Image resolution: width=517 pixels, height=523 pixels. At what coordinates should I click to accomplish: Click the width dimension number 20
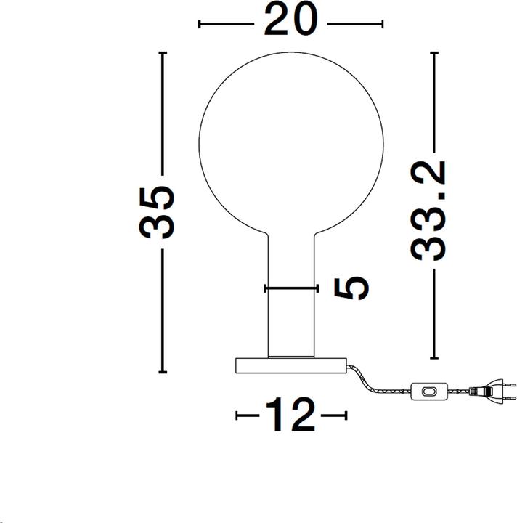290,21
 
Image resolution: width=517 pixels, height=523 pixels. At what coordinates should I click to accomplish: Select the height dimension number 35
158,212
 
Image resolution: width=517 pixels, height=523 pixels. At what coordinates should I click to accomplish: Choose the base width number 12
290,415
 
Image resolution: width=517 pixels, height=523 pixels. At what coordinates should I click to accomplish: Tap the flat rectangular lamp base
291,365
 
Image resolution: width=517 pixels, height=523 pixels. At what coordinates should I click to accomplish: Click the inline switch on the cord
430,392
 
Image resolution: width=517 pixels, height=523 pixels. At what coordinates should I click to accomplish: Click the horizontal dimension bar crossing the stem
291,288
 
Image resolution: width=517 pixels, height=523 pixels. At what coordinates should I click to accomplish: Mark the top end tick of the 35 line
163,54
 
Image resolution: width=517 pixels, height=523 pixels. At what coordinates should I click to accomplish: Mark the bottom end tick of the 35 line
163,373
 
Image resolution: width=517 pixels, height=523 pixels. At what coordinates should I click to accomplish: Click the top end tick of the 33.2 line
434,54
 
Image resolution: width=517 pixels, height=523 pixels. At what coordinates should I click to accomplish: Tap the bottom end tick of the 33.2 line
434,358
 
